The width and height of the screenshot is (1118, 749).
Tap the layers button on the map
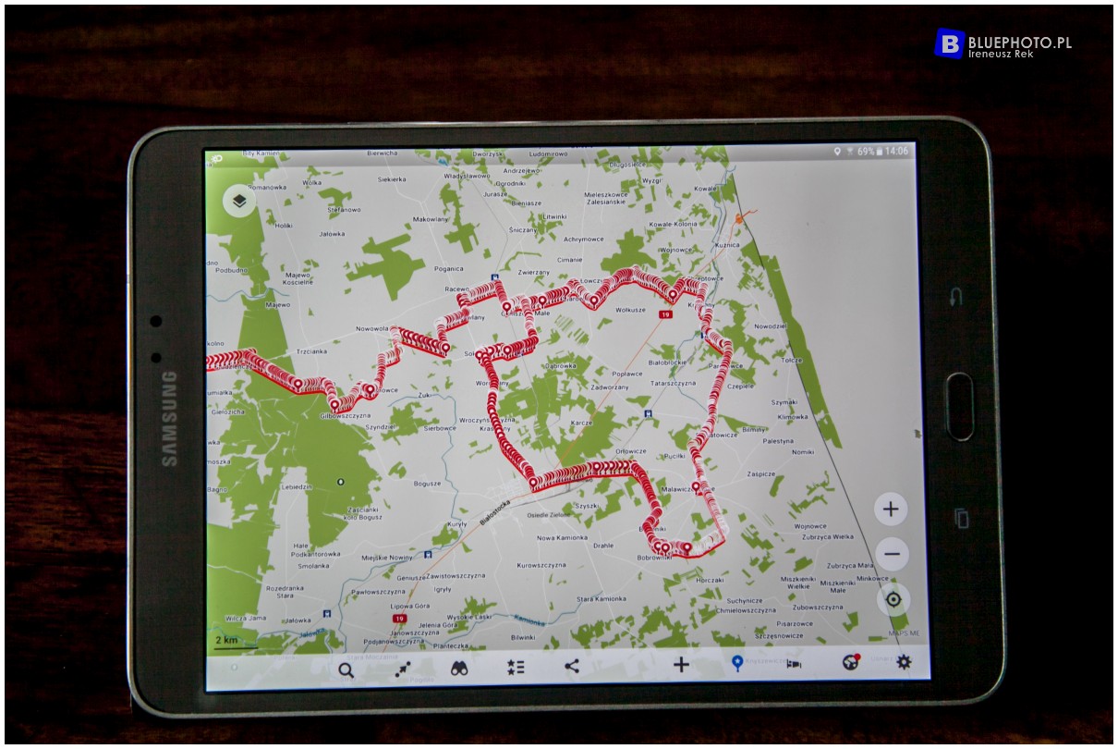coord(239,201)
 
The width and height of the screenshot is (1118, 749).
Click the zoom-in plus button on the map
coord(891,509)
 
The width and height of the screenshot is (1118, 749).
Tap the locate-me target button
coord(893,600)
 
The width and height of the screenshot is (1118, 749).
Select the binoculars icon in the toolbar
coord(460,669)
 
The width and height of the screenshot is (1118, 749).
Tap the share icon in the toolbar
coord(572,666)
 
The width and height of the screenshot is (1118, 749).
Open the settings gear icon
coord(904,661)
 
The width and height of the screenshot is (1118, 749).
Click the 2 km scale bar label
coord(225,640)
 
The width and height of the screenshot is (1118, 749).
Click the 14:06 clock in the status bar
coord(896,151)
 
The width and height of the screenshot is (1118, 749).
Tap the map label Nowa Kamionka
coord(562,537)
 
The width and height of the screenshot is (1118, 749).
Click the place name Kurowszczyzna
coord(541,565)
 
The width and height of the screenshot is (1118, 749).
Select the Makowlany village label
coord(430,219)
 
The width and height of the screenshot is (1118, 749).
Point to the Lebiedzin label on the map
coord(296,486)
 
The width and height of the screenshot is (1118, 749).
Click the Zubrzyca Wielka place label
coord(828,536)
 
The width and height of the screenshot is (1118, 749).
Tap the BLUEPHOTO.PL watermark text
coord(1019,42)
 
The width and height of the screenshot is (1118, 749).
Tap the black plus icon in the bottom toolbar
coord(681,664)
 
